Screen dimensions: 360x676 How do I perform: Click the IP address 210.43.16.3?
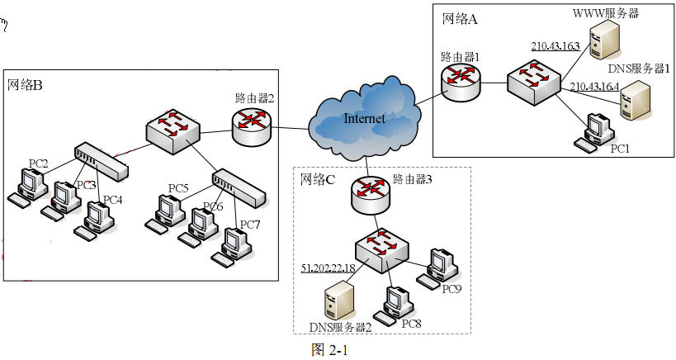(x=555, y=46)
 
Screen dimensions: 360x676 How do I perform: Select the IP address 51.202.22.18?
(x=328, y=269)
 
